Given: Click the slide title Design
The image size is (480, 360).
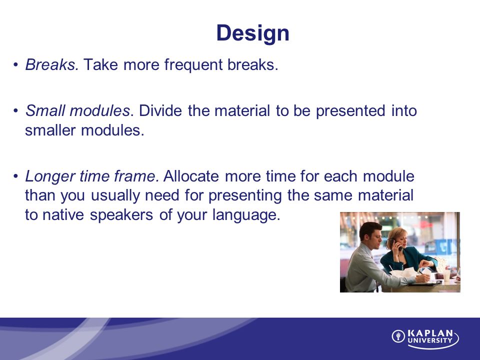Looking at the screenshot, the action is [252, 33].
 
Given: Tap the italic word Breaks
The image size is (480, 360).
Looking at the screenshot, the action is [52, 64].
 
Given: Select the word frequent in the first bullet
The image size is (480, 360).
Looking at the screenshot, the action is [193, 65].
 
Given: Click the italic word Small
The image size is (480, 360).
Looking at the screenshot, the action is [45, 110].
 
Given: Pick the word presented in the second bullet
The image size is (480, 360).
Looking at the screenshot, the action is [350, 111].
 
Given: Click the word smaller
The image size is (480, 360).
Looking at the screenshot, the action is [50, 130].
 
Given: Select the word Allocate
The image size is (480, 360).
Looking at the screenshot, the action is [191, 176].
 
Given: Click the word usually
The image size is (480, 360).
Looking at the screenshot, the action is [115, 196].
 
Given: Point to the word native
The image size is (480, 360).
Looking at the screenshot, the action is [63, 214].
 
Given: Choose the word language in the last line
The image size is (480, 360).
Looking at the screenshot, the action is [246, 215].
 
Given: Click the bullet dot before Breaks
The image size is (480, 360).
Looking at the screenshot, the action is [15, 65].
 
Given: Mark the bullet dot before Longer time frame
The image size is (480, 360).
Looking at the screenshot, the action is [15, 176].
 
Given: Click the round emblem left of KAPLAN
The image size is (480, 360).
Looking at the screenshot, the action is [398, 336].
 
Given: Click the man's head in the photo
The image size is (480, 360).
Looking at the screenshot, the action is [370, 232].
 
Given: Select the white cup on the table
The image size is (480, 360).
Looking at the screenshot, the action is [447, 275].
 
